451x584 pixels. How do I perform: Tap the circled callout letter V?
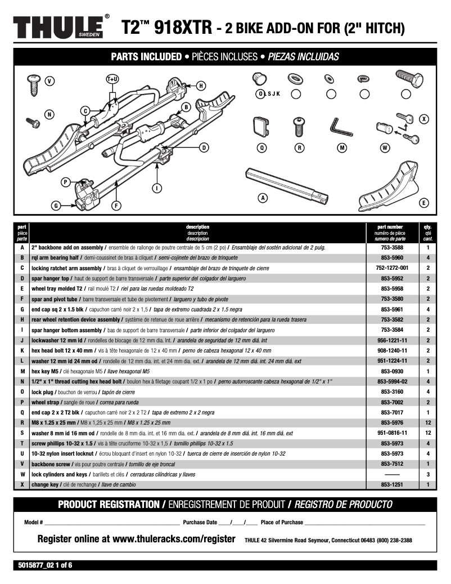(x=49, y=81)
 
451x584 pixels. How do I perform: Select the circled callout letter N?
(x=49, y=115)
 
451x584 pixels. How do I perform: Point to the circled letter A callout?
(x=262, y=198)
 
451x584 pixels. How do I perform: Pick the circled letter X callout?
(x=424, y=119)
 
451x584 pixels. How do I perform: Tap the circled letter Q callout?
(x=261, y=148)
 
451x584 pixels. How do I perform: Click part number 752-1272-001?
(x=391, y=268)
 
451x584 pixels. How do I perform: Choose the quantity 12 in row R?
(x=428, y=422)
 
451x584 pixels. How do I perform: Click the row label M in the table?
(x=22, y=371)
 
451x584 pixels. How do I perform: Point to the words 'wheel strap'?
(x=47, y=402)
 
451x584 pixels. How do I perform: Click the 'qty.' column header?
(x=428, y=227)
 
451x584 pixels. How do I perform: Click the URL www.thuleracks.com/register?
(x=174, y=539)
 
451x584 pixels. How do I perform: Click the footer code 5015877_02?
(x=35, y=565)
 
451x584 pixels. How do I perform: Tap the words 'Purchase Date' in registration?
(x=200, y=523)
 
